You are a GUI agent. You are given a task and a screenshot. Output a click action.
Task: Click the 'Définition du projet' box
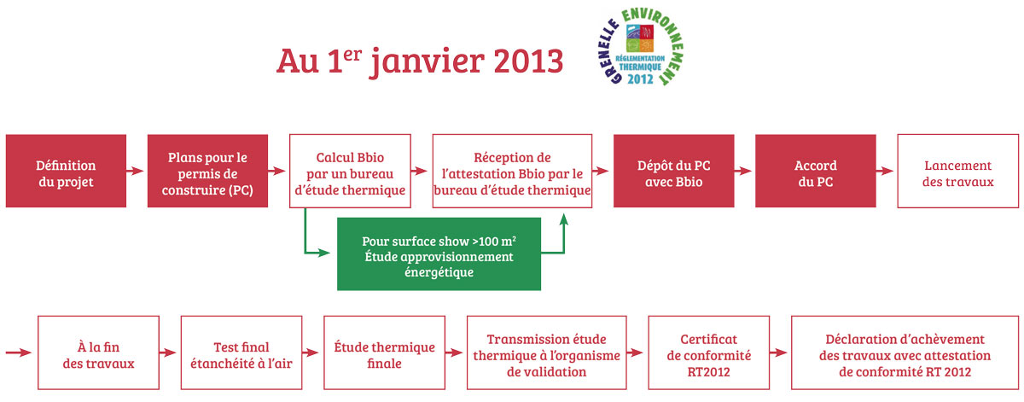[x=66, y=171]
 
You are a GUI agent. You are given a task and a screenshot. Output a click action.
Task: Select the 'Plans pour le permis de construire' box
[x=207, y=171]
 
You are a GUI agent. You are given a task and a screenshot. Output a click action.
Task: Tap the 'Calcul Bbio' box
[x=350, y=171]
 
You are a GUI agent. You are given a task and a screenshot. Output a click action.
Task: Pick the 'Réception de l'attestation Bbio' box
[x=512, y=171]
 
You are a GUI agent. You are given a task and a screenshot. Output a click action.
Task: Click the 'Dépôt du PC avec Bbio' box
[x=674, y=171]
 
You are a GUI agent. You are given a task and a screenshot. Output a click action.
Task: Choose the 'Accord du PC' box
[x=816, y=171]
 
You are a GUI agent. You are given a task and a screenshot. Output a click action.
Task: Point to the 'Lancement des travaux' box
[x=957, y=171]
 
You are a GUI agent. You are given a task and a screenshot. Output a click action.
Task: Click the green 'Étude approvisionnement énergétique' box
[x=439, y=253]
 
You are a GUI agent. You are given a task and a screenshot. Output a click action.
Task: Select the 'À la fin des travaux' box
[x=98, y=352]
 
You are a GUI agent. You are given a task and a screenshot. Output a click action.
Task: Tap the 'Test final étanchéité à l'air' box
[x=241, y=352]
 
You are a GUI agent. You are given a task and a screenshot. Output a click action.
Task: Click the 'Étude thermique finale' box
[x=385, y=352]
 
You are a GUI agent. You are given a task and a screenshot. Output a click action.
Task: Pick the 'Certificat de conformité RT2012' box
[x=708, y=352]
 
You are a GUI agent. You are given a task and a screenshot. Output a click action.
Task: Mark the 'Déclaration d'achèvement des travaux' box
[x=905, y=352]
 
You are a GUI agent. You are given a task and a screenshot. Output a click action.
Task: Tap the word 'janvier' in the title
[x=427, y=63]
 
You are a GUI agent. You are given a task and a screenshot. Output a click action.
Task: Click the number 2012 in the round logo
[x=640, y=79]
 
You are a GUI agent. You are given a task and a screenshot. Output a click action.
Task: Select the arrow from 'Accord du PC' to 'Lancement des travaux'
[x=885, y=171]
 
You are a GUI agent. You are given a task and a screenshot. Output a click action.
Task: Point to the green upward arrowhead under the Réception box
[x=564, y=219]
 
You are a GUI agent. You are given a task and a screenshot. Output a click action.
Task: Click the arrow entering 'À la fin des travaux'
[x=19, y=352]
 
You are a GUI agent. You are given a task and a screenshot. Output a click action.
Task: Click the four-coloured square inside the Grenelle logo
[x=639, y=38]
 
